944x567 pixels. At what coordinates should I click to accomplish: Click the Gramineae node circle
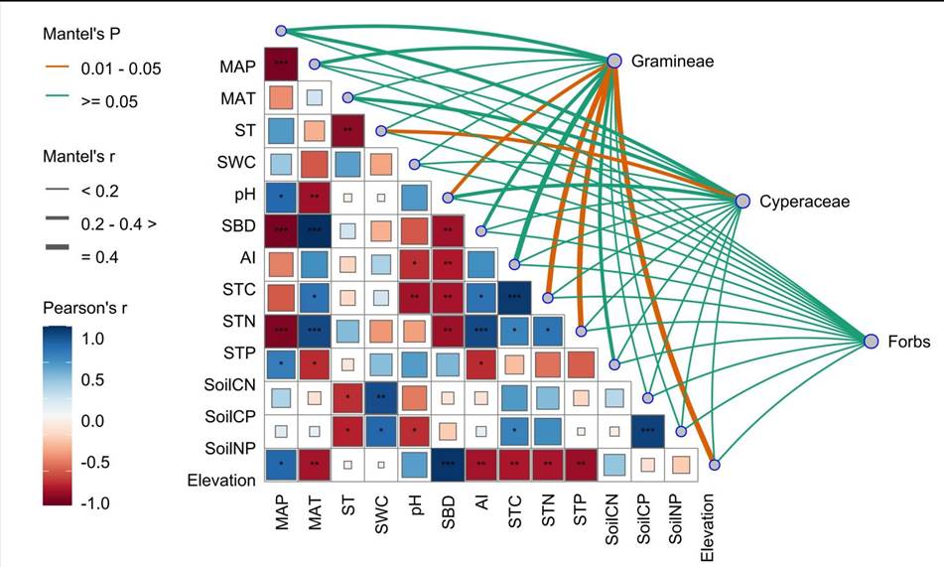[x=614, y=62]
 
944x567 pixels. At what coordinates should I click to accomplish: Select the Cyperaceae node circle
[x=742, y=201]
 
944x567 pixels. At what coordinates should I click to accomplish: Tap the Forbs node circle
[x=871, y=341]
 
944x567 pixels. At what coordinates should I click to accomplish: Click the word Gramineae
[x=674, y=63]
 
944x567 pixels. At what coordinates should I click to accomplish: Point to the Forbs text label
[x=910, y=342]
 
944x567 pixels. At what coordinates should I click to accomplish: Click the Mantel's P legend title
[x=83, y=35]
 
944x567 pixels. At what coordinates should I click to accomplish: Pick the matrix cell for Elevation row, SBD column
[x=448, y=465]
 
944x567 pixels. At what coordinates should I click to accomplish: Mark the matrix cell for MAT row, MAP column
[x=280, y=98]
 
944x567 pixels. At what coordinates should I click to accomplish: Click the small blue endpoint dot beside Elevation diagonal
[x=715, y=464]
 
